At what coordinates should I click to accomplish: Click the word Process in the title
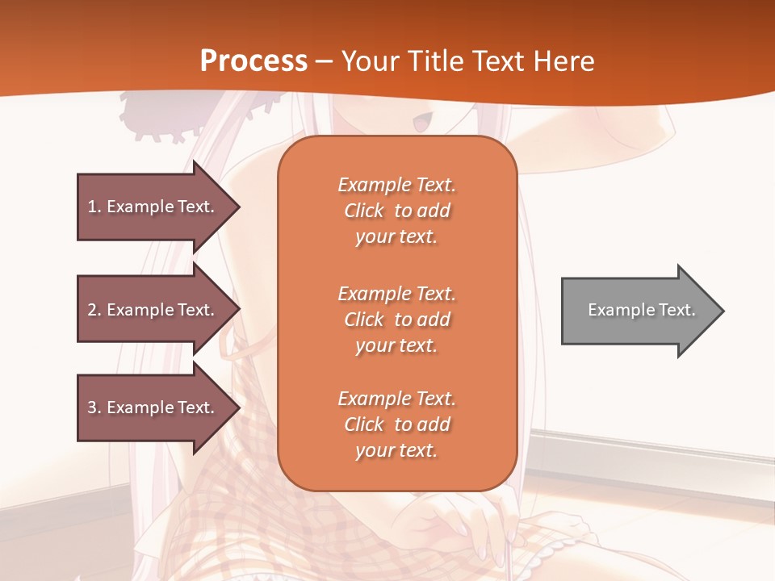point(253,61)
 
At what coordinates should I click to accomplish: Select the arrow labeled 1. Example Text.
point(150,207)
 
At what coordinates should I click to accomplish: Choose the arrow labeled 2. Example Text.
point(150,310)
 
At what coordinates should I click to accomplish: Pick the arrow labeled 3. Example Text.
point(150,408)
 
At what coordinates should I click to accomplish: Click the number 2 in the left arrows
point(92,310)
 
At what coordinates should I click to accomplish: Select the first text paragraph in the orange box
point(396,211)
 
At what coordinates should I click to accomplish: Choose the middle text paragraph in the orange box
point(396,320)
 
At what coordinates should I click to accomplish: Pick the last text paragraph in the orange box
point(396,424)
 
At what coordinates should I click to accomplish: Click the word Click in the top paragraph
point(364,211)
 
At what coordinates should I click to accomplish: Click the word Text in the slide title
point(498,61)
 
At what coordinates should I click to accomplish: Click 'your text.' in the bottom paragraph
point(396,450)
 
